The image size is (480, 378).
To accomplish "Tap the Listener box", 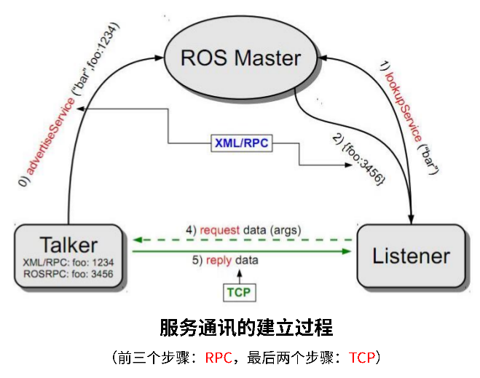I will coord(411,256).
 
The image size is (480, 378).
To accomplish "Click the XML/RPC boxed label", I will coord(241,143).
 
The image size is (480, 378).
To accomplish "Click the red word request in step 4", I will coord(220,230).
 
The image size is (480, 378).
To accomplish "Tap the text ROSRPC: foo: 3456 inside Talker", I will coord(68,274).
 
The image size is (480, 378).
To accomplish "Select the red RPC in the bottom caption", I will coord(219,358).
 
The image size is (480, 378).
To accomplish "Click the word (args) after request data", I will coord(286,230).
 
